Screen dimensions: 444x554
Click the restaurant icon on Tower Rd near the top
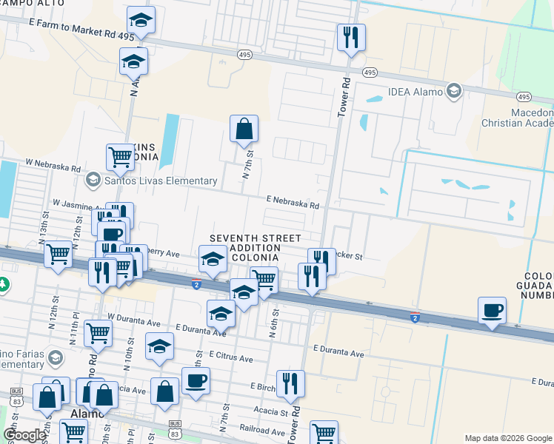pyautogui.click(x=350, y=36)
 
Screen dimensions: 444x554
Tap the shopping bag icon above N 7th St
pyautogui.click(x=244, y=129)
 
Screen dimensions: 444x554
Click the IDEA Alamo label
pyautogui.click(x=415, y=92)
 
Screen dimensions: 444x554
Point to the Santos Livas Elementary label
pyautogui.click(x=150, y=180)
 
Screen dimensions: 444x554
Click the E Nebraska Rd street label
pyautogui.click(x=293, y=200)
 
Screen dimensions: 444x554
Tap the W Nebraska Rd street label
pyautogui.click(x=53, y=164)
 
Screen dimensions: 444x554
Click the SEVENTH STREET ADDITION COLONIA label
pyautogui.click(x=255, y=248)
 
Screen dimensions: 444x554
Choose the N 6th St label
pyautogui.click(x=273, y=324)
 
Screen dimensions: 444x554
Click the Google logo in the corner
pyautogui.click(x=24, y=435)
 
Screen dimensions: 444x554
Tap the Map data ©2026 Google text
pyautogui.click(x=507, y=438)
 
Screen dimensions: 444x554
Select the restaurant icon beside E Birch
pyautogui.click(x=290, y=383)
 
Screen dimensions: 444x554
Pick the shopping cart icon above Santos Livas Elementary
pyautogui.click(x=120, y=157)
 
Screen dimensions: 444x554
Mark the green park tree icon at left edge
pyautogui.click(x=3, y=284)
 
